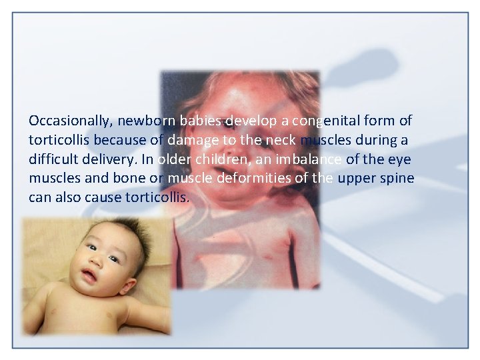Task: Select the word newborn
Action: click(x=144, y=121)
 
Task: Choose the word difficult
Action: click(x=54, y=160)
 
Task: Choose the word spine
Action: click(x=397, y=179)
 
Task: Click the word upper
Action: click(x=357, y=179)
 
